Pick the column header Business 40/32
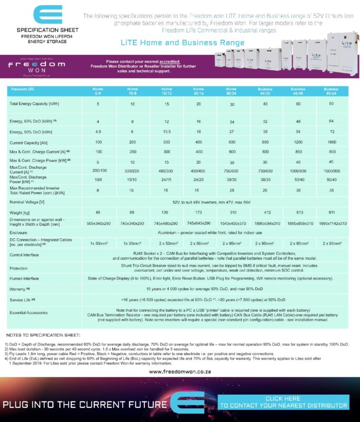tap(265, 91)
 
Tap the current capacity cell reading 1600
tap(332, 143)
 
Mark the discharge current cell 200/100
tap(98, 171)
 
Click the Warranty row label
tap(20, 290)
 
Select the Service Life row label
tap(21, 300)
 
